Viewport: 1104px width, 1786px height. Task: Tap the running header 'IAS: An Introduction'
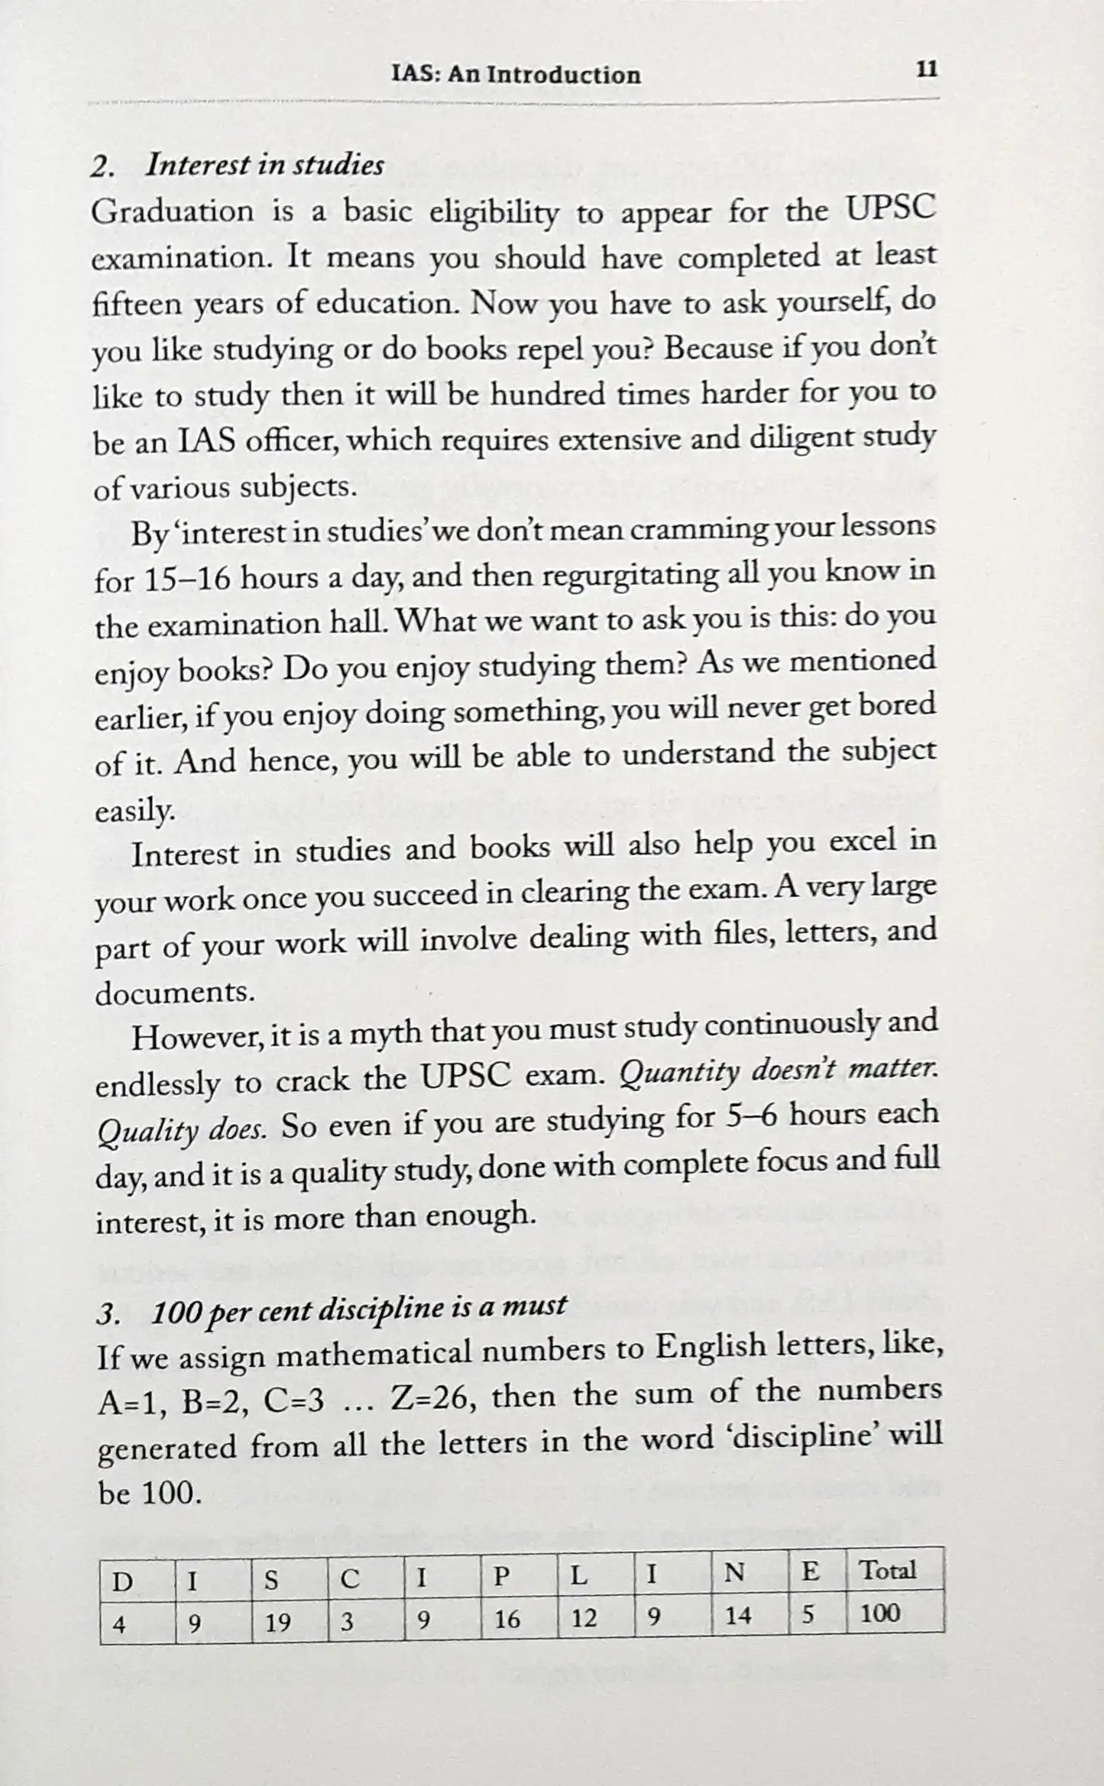(516, 75)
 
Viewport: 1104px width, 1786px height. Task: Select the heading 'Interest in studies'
(264, 165)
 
